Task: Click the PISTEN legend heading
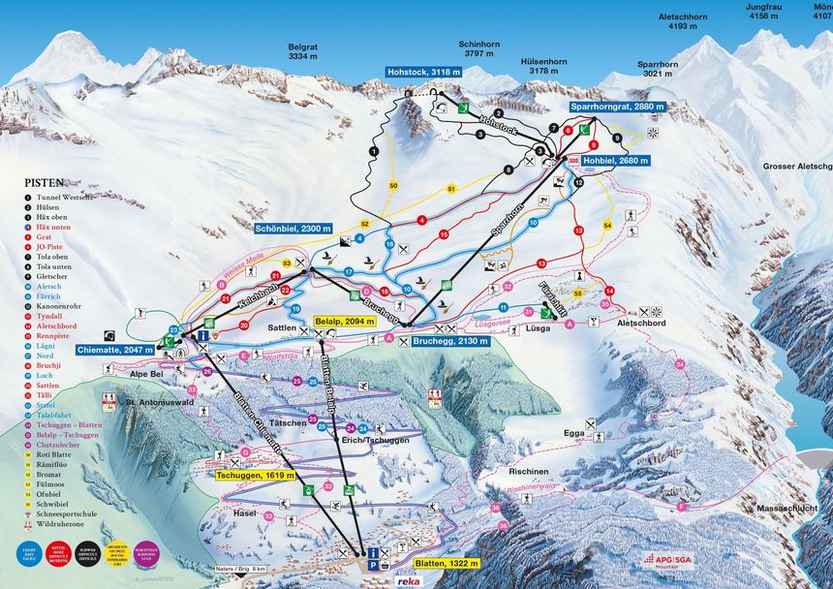tap(46, 181)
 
